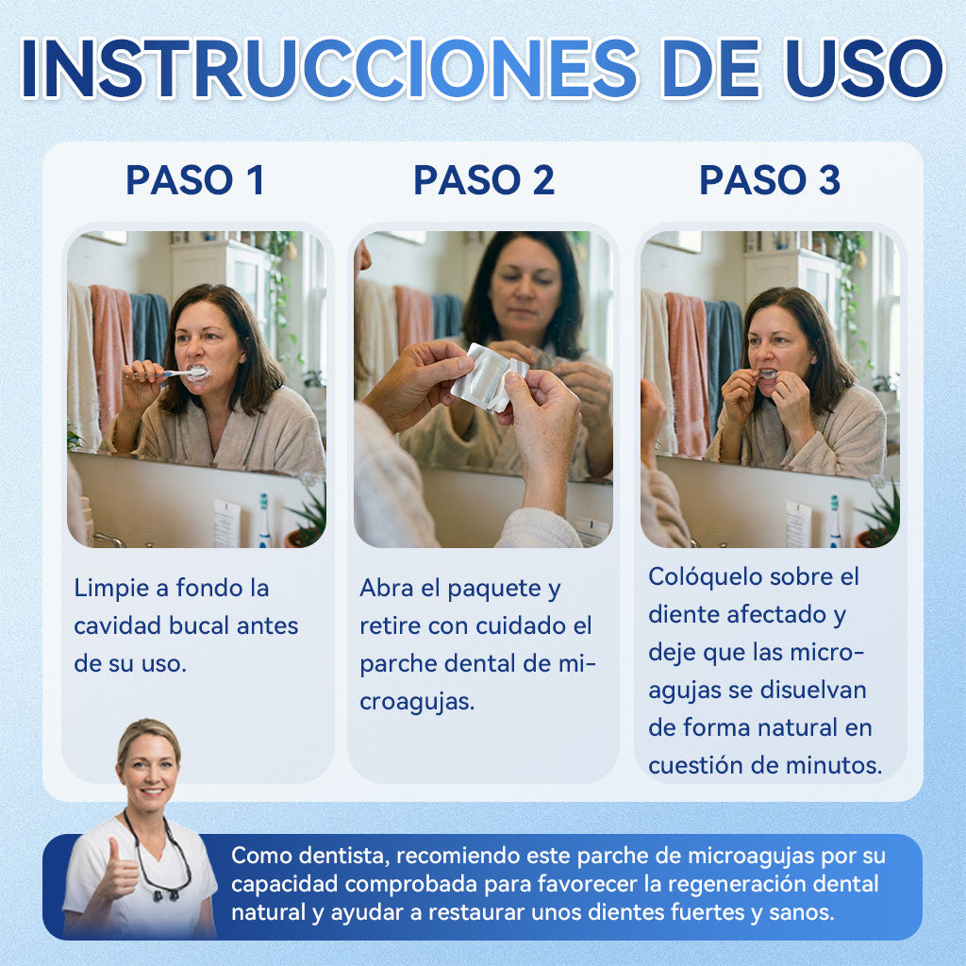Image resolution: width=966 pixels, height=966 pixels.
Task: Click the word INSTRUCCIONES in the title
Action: tap(329, 68)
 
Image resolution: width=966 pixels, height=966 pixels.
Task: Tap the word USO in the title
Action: tap(863, 68)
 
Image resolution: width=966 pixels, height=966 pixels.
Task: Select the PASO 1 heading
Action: tap(195, 180)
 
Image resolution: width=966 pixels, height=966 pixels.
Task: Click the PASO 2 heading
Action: tap(484, 180)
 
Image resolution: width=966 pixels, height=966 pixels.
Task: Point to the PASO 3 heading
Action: tap(770, 180)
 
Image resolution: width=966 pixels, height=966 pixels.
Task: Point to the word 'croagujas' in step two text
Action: tap(417, 702)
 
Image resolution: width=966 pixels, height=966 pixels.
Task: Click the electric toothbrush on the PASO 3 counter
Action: tap(835, 521)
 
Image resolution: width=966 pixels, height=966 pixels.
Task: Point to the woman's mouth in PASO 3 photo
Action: tap(767, 374)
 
